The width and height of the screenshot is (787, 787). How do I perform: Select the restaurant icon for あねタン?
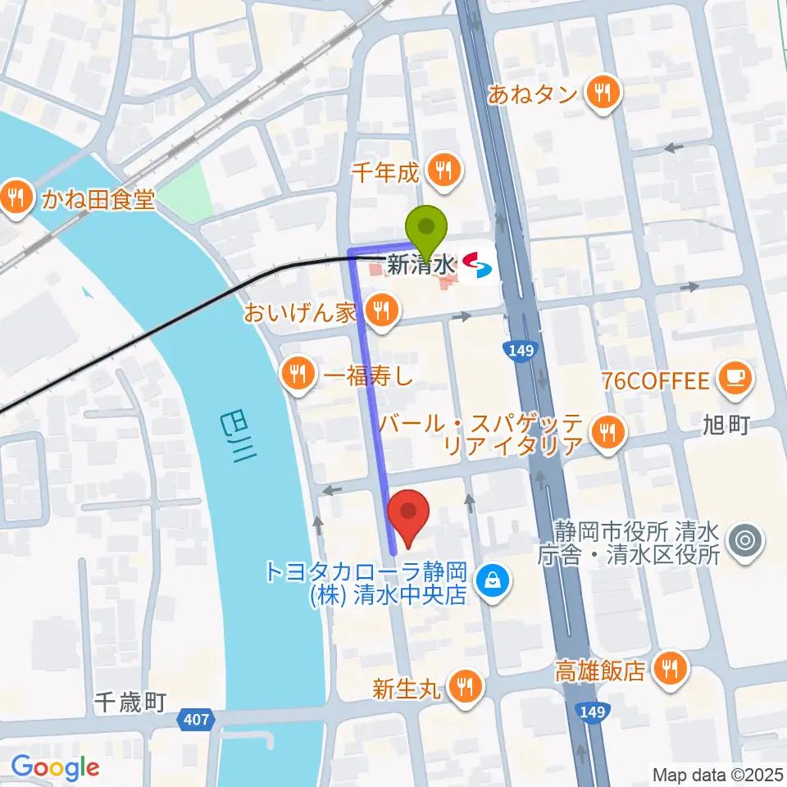pyautogui.click(x=604, y=93)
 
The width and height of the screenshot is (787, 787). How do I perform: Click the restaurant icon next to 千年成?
pyautogui.click(x=444, y=171)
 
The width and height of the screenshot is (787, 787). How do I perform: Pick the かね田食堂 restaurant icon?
pyautogui.click(x=15, y=198)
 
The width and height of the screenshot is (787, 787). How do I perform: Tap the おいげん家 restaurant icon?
pyautogui.click(x=380, y=310)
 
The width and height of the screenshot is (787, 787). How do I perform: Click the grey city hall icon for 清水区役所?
pyautogui.click(x=745, y=540)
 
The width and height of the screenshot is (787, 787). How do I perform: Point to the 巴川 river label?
pyautogui.click(x=234, y=439)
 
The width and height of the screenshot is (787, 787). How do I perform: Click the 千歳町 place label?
pyautogui.click(x=130, y=703)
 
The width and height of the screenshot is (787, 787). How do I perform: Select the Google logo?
pyautogui.click(x=55, y=767)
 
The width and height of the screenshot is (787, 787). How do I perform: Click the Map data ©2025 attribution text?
pyautogui.click(x=718, y=774)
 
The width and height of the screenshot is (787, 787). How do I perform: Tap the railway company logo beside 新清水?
pyautogui.click(x=475, y=265)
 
